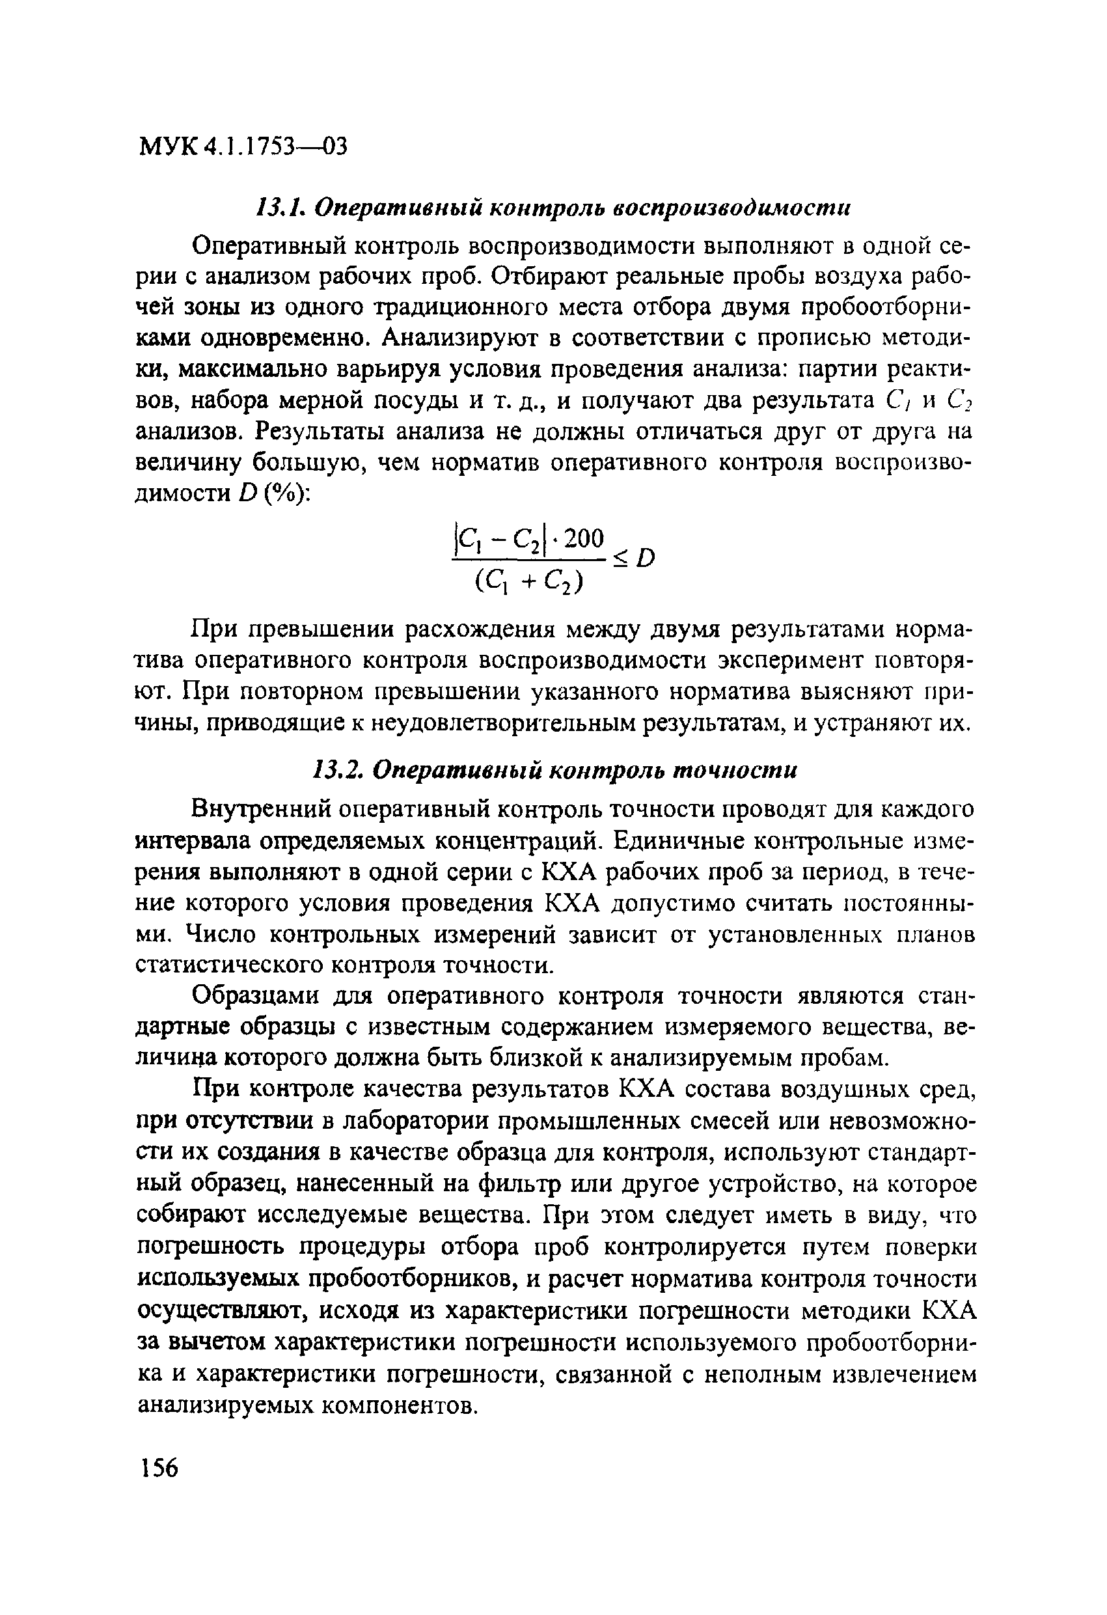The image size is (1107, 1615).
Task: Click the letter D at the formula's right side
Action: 647,558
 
